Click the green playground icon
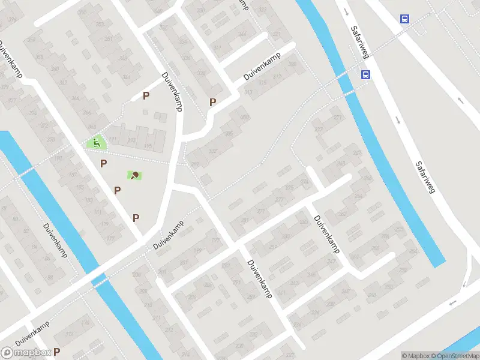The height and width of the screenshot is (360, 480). click(95, 143)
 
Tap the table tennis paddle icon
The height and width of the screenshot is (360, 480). click(134, 175)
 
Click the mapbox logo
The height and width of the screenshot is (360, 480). click(26, 353)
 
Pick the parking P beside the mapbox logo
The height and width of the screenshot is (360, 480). click(58, 352)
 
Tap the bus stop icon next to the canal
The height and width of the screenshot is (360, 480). click(365, 75)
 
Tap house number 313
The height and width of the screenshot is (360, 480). click(248, 92)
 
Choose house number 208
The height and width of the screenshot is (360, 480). click(136, 275)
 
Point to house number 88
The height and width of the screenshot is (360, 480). click(50, 277)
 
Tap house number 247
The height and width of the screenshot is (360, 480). click(331, 262)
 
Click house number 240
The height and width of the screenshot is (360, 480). click(345, 292)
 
